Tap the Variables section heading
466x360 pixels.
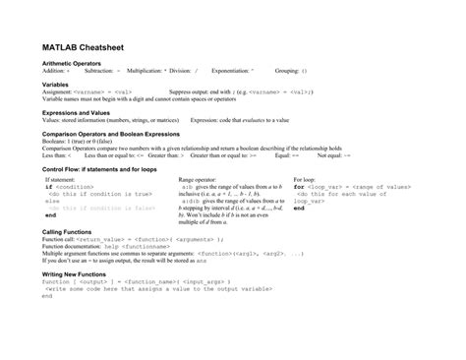tap(55, 85)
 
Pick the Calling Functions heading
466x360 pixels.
tap(67, 258)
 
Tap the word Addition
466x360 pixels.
tap(54, 71)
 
